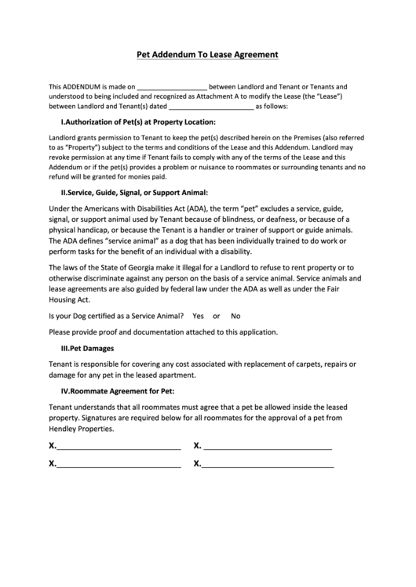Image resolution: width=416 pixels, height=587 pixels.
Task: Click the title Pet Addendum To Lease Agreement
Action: point(207,56)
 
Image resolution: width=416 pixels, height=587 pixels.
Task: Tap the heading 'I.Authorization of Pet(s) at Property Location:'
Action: point(138,122)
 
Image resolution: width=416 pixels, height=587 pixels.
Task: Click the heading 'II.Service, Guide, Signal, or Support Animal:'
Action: point(133,191)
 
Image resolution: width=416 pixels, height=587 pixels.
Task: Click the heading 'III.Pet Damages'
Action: point(87,347)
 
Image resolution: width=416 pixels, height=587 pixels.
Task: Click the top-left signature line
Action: point(119,447)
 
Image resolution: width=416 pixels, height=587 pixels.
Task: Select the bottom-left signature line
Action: point(119,464)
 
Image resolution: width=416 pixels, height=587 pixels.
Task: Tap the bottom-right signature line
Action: point(268,464)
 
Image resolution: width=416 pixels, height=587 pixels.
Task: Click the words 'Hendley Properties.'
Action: point(82,429)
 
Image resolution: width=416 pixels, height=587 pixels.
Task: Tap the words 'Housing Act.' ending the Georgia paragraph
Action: point(70,299)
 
